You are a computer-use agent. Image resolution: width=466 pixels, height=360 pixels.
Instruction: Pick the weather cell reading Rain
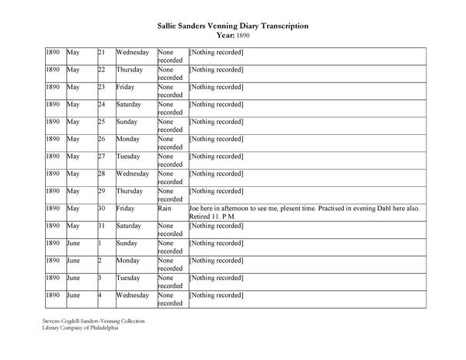click(165, 209)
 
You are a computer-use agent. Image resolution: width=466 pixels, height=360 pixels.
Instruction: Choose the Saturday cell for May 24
click(130, 104)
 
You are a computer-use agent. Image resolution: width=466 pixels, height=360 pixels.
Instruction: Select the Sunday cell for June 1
click(127, 243)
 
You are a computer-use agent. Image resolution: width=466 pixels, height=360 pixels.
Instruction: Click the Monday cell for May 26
click(128, 139)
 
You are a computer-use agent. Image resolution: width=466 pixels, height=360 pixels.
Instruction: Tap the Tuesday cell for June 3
click(129, 278)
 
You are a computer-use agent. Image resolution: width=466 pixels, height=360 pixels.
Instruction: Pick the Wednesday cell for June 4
click(133, 295)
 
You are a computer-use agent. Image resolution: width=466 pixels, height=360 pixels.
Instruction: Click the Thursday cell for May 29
click(130, 191)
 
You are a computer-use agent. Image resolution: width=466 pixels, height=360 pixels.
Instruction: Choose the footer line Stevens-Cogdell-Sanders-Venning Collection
click(94, 320)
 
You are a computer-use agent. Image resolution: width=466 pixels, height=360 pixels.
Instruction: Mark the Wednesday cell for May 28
click(133, 174)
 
